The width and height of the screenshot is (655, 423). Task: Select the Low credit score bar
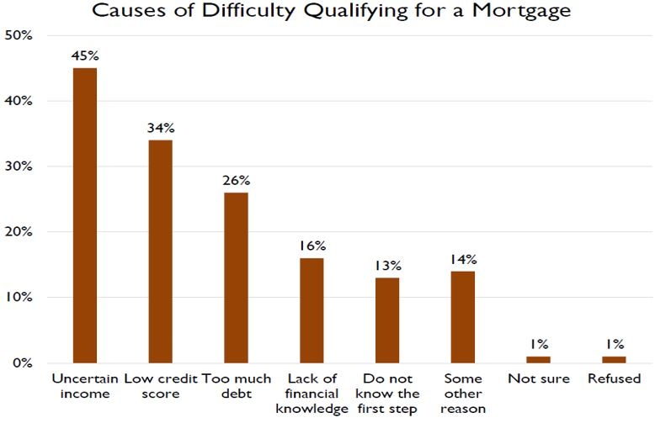[160, 251]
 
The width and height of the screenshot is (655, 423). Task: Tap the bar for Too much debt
[236, 278]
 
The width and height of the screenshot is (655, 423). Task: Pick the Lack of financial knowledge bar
[312, 310]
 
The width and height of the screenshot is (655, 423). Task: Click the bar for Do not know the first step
[387, 320]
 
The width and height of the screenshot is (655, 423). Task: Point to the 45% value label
[85, 56]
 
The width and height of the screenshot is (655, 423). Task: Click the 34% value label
[160, 129]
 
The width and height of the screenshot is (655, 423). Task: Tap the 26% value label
[236, 181]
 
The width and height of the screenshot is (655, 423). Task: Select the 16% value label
[312, 246]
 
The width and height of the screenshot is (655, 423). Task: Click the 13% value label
[387, 267]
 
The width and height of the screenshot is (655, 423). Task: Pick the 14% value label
[463, 260]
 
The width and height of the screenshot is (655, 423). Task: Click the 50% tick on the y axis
[18, 36]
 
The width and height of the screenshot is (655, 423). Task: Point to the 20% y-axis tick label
[18, 232]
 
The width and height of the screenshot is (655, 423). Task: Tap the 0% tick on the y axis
[21, 363]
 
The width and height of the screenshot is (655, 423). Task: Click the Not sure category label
[538, 379]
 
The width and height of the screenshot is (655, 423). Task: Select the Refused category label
[615, 379]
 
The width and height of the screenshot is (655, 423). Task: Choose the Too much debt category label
[236, 386]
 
